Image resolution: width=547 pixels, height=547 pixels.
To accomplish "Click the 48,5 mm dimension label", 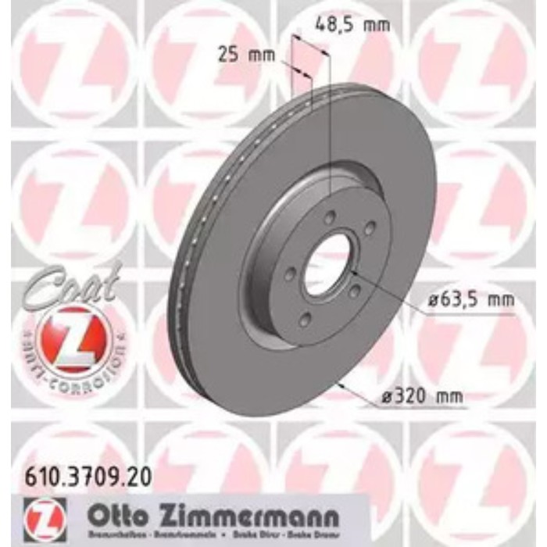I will tap(351, 24).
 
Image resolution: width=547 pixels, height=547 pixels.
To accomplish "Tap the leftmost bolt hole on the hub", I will tap(289, 274).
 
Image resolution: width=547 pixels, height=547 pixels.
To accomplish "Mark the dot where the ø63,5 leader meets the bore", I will tap(353, 273).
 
